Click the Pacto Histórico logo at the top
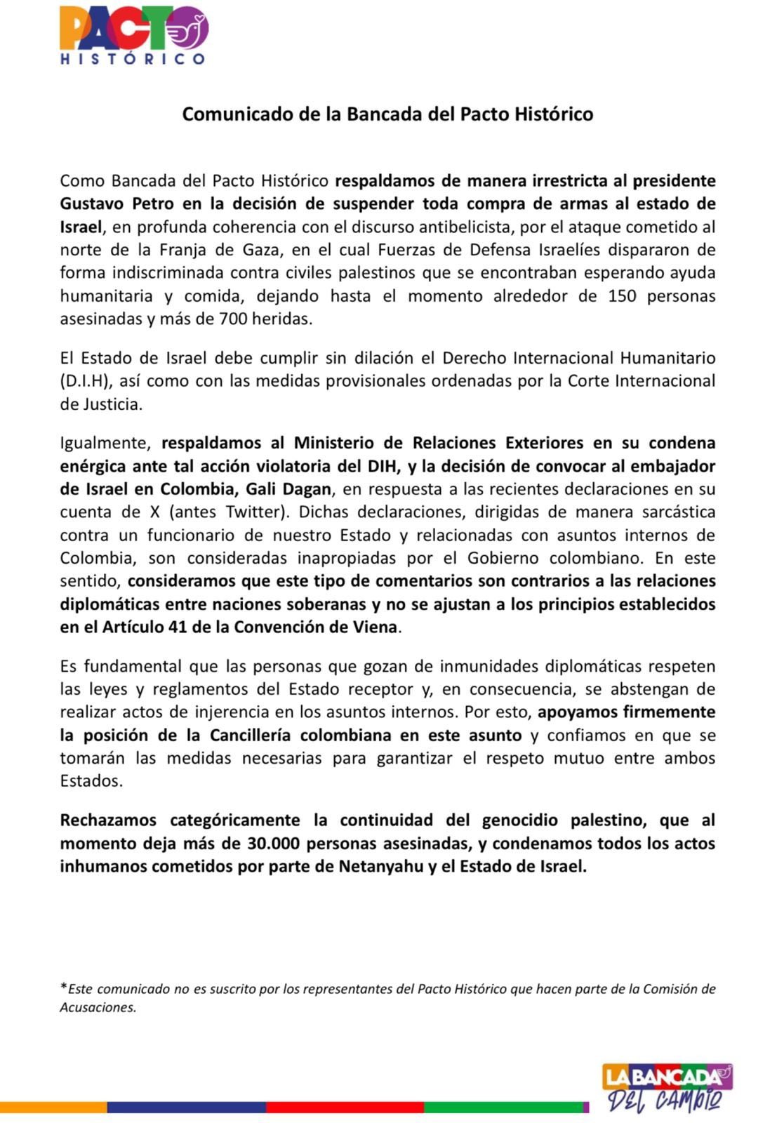133,35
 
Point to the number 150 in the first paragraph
622,295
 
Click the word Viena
377,627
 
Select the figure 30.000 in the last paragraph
274,843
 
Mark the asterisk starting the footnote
63,988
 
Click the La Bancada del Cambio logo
667,1087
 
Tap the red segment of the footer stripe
344,1107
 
